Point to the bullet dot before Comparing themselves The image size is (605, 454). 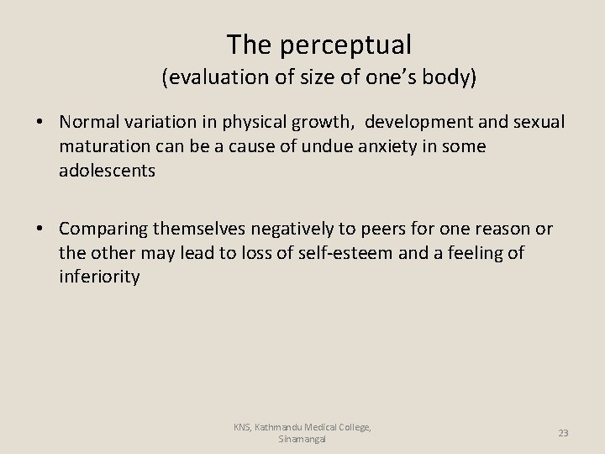(40, 230)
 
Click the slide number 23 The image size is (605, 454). (563, 433)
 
